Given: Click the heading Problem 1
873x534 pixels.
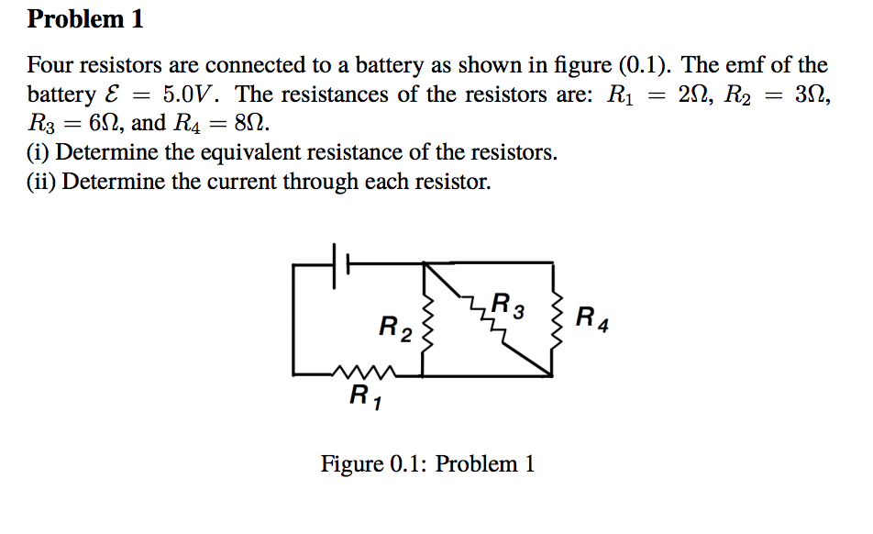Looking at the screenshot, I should pos(85,18).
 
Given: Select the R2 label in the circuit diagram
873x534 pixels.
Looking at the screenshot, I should pos(395,326).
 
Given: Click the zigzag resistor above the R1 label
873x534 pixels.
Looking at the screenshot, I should pos(364,373).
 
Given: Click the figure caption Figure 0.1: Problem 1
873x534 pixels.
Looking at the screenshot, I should pos(427,463).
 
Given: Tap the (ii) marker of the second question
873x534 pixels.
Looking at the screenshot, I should pos(42,182).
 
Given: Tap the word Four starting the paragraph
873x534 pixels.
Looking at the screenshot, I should pos(49,65).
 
